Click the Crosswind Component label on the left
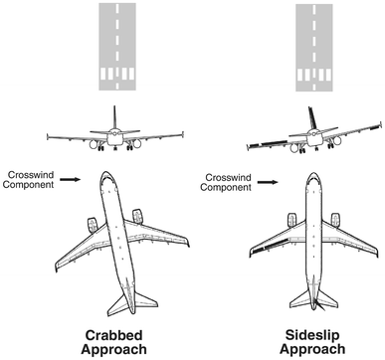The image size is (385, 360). coord(27,180)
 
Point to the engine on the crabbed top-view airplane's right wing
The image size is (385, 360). coord(138,217)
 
